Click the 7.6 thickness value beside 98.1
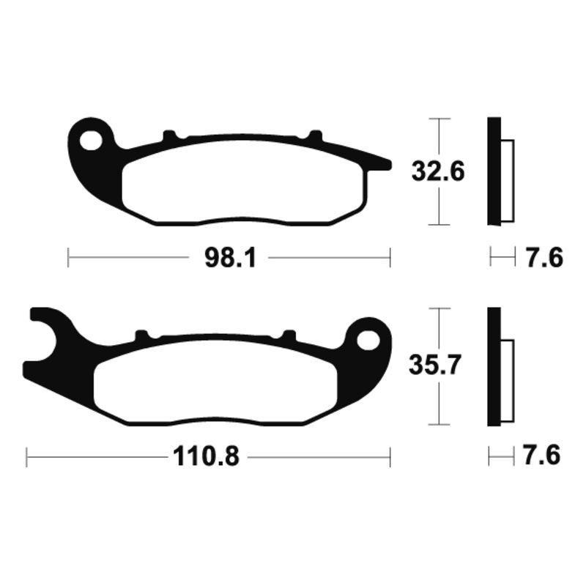542,258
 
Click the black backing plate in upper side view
494,171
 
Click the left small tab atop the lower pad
141,335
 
